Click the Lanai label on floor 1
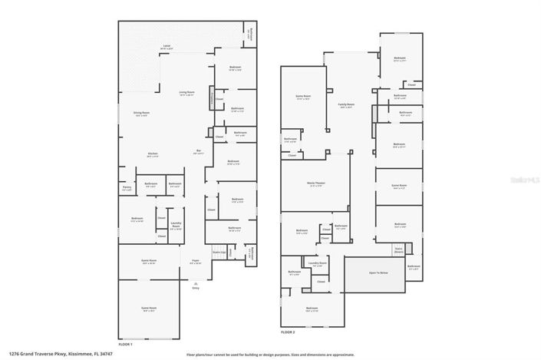[167, 47]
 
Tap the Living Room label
[187, 94]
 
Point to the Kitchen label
[153, 154]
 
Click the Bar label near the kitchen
[199, 152]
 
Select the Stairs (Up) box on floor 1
[218, 251]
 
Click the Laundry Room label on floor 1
[175, 226]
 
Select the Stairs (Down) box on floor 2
[398, 249]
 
